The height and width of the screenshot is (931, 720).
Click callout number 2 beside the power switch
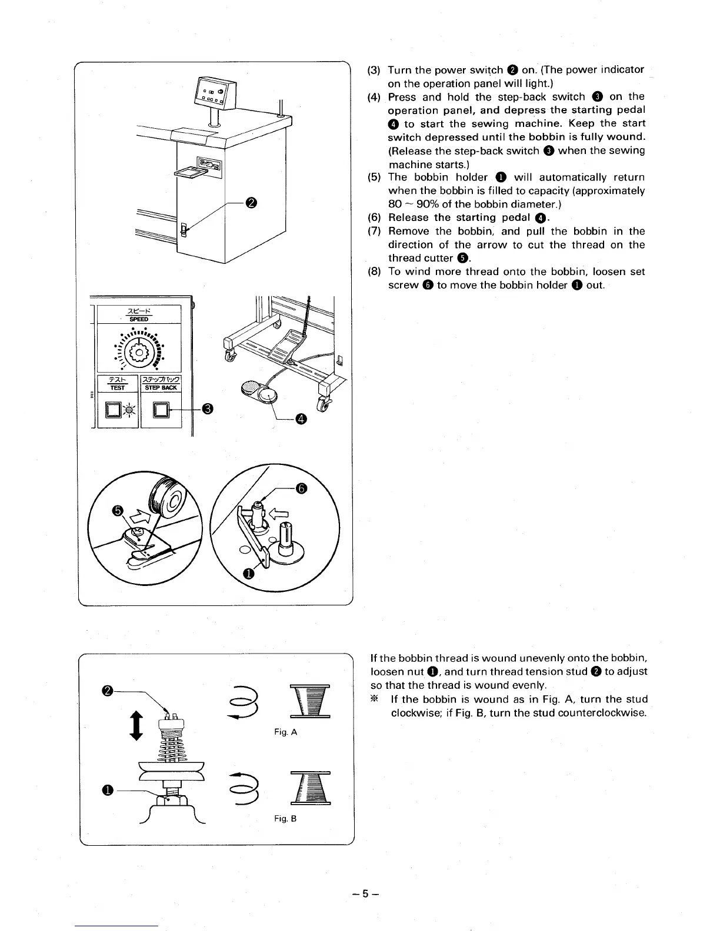[x=251, y=203]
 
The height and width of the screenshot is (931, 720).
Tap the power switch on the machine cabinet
[x=184, y=230]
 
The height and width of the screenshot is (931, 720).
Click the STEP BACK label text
[x=161, y=388]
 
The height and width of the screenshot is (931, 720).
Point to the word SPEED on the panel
[x=139, y=319]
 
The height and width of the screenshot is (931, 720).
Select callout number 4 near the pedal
[x=301, y=418]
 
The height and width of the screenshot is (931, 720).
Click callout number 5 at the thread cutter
[x=118, y=511]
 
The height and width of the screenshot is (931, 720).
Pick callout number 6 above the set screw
[x=301, y=488]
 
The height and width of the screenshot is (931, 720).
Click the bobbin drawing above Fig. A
[x=310, y=702]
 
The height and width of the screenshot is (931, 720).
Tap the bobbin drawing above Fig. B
[x=310, y=788]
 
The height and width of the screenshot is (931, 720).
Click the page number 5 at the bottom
[x=365, y=894]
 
